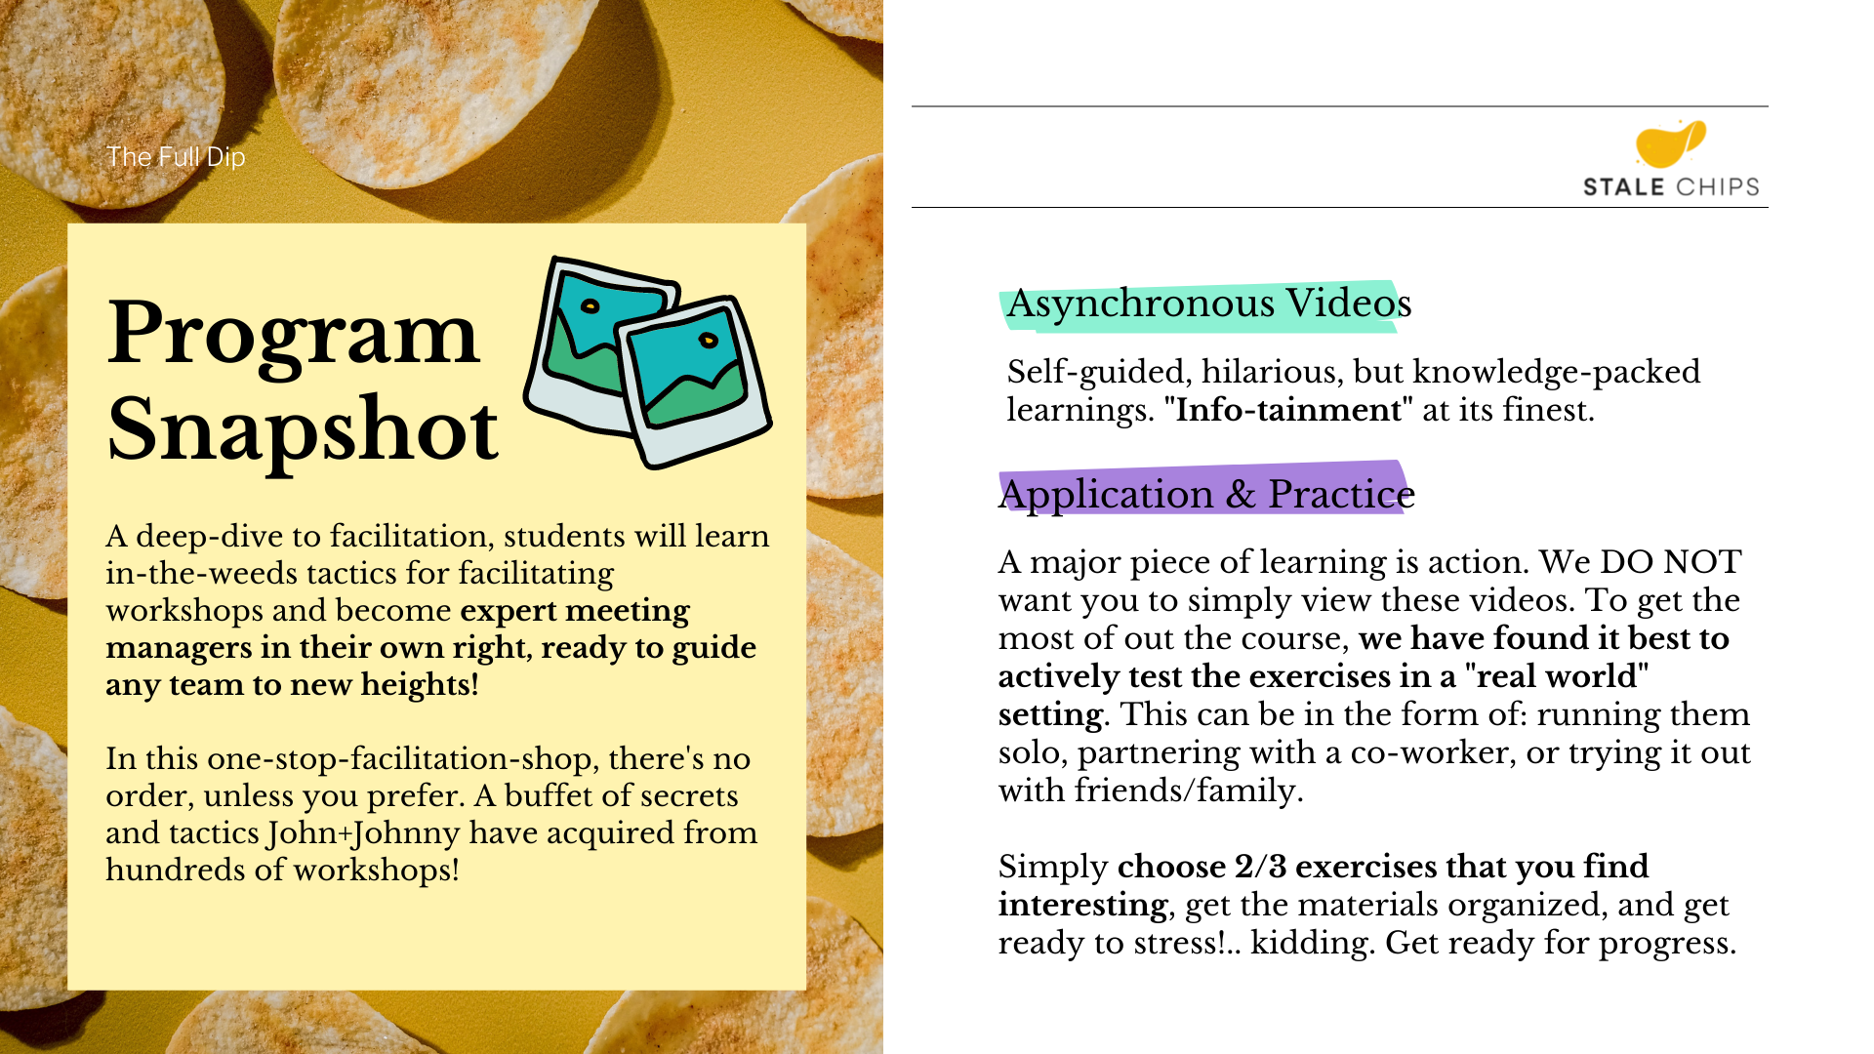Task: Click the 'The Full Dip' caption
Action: (176, 156)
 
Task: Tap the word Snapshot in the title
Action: (303, 429)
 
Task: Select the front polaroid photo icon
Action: (694, 382)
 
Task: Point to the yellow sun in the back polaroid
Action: (590, 306)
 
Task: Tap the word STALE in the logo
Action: (1623, 186)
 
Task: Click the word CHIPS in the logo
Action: (1716, 186)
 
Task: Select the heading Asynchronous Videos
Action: (1209, 304)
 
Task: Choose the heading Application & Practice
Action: (1206, 494)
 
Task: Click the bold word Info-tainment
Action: (1288, 410)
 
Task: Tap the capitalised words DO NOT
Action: (1671, 562)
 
